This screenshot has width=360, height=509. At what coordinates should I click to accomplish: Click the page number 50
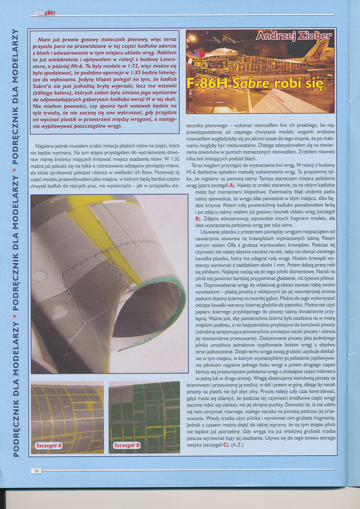(36, 471)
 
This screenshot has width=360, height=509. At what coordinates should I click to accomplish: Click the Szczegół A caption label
(49, 445)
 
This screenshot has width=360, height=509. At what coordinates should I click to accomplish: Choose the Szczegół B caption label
(127, 445)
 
